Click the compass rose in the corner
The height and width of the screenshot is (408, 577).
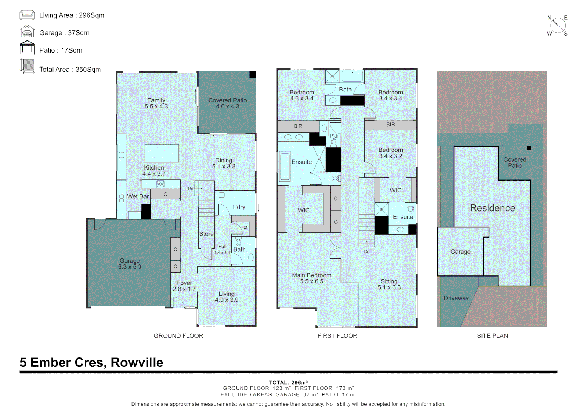(558, 26)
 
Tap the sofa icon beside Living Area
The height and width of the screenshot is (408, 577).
(27, 15)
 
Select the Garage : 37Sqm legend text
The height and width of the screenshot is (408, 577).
(64, 33)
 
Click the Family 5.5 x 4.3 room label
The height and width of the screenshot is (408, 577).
(156, 104)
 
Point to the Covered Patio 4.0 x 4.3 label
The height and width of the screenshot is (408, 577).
(227, 104)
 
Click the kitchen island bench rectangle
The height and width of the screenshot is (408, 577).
(162, 153)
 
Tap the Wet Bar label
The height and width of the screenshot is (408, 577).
(137, 196)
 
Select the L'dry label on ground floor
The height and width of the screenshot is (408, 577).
(239, 207)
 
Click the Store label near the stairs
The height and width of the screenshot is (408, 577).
(206, 234)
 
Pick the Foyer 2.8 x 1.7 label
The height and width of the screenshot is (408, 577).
(184, 286)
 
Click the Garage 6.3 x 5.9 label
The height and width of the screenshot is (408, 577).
(130, 264)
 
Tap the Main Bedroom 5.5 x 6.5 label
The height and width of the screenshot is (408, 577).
(312, 278)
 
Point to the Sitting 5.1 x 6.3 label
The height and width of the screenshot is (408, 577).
(389, 284)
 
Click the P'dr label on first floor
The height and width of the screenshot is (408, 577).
(334, 136)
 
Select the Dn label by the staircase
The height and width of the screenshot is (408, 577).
(367, 252)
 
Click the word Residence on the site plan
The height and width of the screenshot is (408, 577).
(492, 208)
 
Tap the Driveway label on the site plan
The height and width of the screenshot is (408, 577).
(456, 298)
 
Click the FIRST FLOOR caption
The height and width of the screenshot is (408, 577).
(337, 336)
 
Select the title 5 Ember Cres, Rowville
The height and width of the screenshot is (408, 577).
(91, 362)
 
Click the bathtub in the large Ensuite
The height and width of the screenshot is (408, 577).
(284, 167)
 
